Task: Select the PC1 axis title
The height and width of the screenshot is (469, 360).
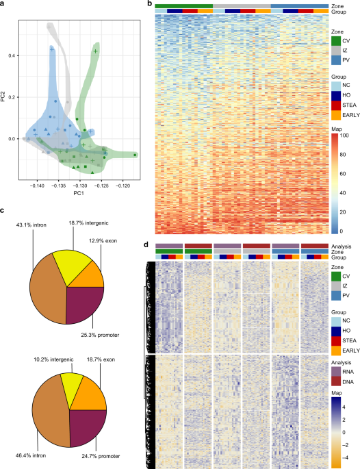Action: pos(81,194)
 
